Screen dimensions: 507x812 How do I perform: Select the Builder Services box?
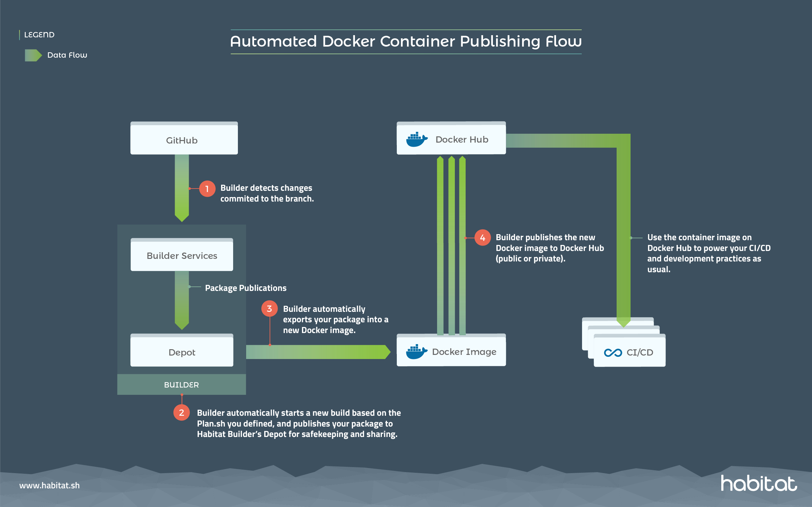(181, 255)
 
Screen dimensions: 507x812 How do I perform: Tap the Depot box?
(181, 351)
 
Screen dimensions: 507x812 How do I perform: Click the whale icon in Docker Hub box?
(416, 139)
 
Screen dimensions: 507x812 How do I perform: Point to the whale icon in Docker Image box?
(416, 351)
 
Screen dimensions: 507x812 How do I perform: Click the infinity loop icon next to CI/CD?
(613, 352)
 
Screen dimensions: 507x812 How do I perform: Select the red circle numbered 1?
(207, 189)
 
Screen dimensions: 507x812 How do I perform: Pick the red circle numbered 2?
(181, 413)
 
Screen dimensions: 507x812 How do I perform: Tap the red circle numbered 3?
(269, 309)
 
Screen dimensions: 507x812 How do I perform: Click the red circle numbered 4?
(482, 238)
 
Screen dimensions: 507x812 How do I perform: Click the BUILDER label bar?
(181, 385)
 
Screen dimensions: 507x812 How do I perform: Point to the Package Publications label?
(246, 288)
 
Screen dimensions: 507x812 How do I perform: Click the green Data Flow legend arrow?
(33, 55)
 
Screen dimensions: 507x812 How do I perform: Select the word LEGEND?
(39, 35)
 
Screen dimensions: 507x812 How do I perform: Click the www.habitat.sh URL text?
(50, 485)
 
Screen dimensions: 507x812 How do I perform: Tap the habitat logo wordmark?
(759, 484)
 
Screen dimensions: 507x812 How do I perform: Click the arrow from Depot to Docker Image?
(317, 352)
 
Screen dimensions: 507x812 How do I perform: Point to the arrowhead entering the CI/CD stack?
(623, 323)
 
